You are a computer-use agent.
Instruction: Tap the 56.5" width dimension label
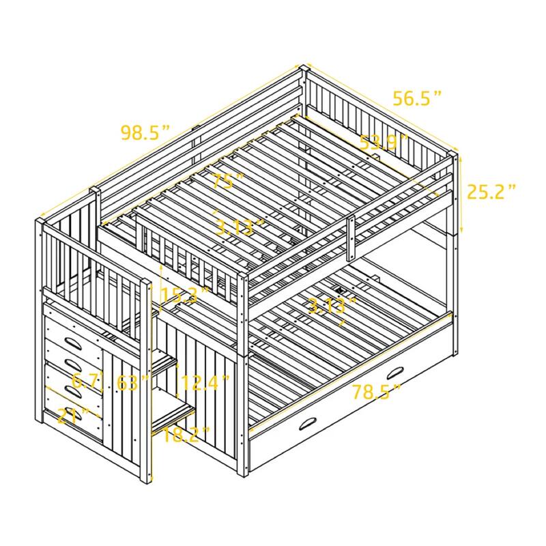point(417,98)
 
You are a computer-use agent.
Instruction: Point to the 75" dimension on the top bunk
point(228,182)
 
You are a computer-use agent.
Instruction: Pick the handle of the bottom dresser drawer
point(75,414)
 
